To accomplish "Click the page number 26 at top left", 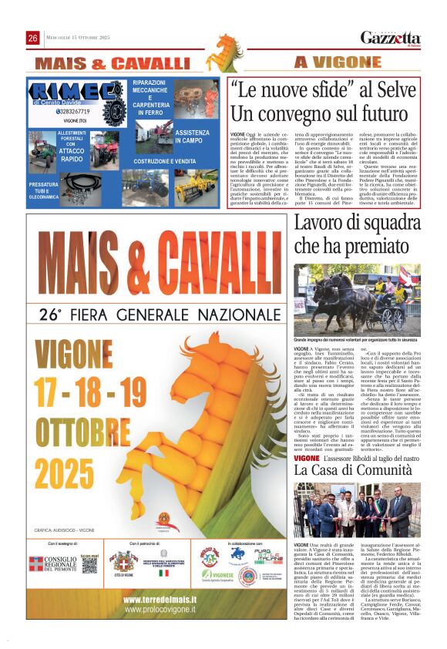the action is [x=33, y=38].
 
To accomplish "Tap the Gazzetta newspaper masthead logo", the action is [x=390, y=38].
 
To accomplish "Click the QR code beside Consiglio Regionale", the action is [x=90, y=565].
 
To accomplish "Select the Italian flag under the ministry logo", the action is [x=163, y=573].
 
